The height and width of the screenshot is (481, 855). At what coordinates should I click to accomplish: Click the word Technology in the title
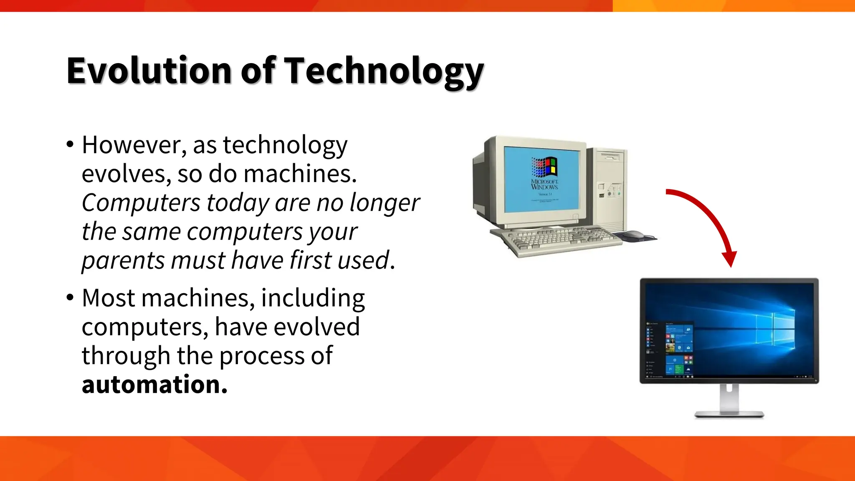point(383,71)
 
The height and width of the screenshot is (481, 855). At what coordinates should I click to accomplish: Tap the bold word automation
point(154,384)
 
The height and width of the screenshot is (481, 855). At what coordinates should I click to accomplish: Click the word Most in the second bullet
point(108,298)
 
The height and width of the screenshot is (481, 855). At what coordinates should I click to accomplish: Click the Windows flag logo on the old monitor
point(544,167)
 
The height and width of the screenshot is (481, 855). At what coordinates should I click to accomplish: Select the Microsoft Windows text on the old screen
point(544,184)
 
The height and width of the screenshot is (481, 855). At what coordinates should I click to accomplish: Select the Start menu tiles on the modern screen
point(678,349)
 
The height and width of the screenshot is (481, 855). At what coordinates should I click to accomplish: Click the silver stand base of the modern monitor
point(729,414)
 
